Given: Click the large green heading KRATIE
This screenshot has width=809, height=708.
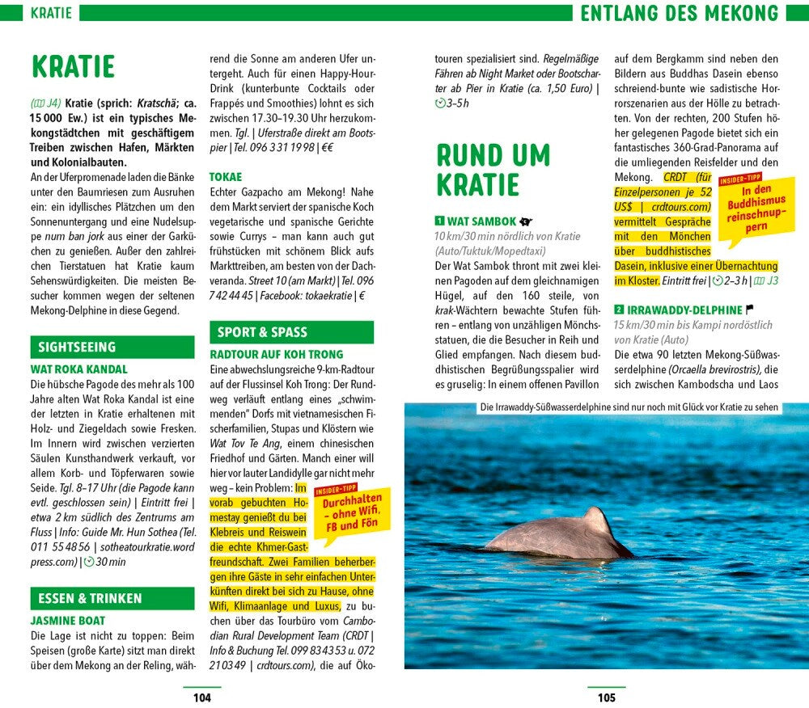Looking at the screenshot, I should (73, 67).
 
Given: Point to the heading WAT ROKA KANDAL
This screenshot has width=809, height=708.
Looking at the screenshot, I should (78, 369).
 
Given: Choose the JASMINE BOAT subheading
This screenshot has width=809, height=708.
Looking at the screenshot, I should (68, 621).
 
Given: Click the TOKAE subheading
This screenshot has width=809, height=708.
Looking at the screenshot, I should (226, 176).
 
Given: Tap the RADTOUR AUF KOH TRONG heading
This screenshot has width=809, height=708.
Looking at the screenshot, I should (276, 354).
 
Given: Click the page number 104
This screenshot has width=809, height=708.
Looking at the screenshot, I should (201, 697).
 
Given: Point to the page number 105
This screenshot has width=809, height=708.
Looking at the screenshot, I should (606, 697).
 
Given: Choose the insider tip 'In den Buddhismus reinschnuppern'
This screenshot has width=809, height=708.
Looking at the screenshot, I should (752, 207).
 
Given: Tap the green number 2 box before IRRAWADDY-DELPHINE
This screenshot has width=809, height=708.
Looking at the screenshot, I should (619, 310).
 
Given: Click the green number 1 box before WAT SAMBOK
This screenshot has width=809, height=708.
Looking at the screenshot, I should (439, 221).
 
